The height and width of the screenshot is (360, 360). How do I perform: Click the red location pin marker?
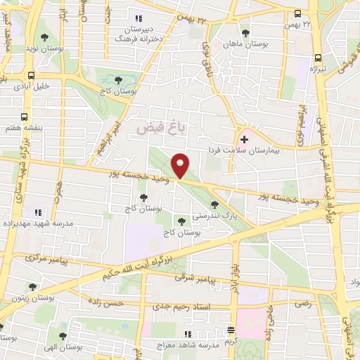[x=181, y=165]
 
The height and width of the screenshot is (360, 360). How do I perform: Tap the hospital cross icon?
[x=244, y=140]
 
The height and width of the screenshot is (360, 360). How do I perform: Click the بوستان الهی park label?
[x=79, y=347]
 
